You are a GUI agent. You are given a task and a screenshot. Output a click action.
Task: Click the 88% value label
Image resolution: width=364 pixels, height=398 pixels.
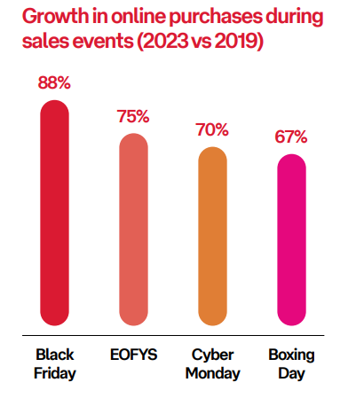pos(55,83)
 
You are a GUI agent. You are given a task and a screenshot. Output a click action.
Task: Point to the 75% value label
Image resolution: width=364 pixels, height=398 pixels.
pos(134,117)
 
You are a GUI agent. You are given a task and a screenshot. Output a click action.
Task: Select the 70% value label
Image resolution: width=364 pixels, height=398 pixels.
pos(212,130)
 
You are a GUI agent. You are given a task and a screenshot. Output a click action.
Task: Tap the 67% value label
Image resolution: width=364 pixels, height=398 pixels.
pos(290,137)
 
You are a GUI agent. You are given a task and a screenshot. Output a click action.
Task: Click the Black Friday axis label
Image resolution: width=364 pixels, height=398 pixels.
pos(55,363)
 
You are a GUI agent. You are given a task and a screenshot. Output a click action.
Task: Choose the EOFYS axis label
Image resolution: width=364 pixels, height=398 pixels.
pos(133,355)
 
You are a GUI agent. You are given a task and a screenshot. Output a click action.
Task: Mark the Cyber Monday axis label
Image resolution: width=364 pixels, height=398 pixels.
pos(213,363)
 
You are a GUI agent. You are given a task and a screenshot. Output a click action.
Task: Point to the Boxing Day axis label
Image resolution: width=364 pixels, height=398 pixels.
pos(290,363)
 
